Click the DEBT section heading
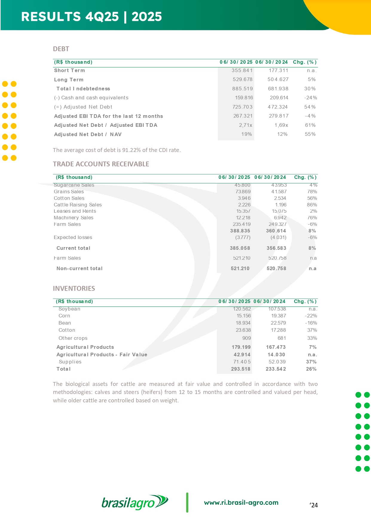61,49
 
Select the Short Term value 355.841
242,71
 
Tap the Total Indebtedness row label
83,89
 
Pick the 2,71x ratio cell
245,125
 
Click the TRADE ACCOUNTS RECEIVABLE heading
101,164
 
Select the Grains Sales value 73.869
243,192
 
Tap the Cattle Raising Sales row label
78,205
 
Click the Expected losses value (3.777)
243,238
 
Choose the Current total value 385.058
240,248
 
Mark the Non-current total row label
80,269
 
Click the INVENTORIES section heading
74,288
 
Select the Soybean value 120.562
242,309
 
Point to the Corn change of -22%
311,316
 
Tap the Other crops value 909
247,338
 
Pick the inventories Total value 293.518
241,369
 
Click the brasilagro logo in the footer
135,503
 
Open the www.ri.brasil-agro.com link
241,503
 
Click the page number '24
314,505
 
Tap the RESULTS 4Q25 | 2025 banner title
91,17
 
